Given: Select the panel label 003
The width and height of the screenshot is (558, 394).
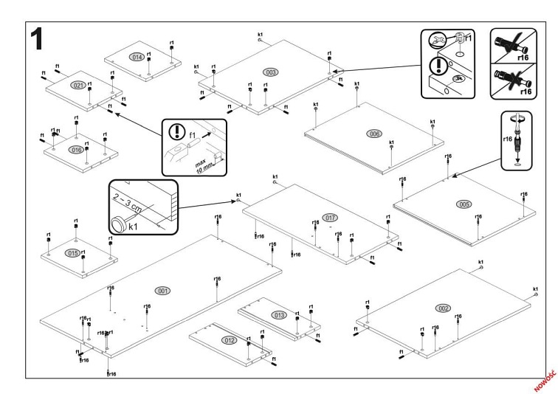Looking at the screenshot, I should tap(271, 72).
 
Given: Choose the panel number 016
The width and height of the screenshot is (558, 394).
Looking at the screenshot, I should tap(76, 150).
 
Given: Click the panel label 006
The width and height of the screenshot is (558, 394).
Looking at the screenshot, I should tap(374, 134).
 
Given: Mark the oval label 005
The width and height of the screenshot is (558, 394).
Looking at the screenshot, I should tap(464, 204).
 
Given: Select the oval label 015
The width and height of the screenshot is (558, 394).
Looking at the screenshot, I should tap(73, 253).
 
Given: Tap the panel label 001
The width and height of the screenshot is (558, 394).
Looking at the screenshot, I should tap(162, 290).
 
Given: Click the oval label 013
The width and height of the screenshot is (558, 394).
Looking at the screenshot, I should tap(279, 315).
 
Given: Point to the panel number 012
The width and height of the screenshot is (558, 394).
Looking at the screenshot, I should tap(230, 340).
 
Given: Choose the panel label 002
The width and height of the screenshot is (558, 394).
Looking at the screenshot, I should tap(444, 307).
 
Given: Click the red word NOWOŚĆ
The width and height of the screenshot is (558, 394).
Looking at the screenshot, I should tap(547, 375).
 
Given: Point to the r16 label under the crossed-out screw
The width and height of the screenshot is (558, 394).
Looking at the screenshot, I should tap(526, 91).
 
